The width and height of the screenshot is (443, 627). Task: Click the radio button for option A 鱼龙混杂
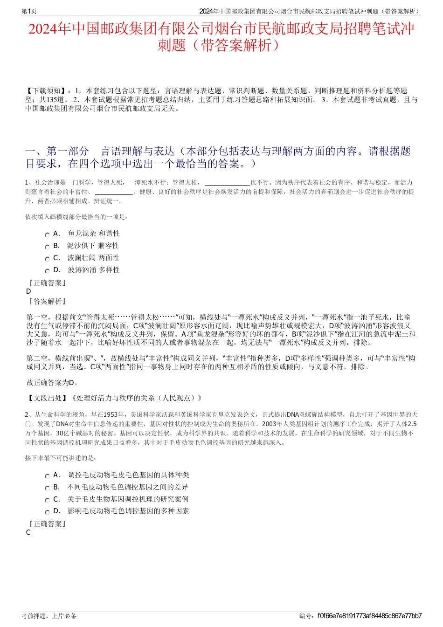click(47, 235)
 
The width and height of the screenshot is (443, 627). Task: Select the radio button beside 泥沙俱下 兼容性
click(47, 247)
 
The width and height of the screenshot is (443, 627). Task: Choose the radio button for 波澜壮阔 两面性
click(47, 259)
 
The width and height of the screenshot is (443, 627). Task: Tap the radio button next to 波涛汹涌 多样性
click(47, 271)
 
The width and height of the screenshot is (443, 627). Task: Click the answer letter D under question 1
click(29, 291)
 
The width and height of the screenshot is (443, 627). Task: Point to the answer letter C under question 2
click(28, 532)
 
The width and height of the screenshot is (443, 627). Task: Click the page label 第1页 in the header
click(29, 11)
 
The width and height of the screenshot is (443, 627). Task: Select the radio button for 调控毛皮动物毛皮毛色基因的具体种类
click(47, 476)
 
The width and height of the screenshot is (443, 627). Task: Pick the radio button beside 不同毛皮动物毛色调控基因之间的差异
click(47, 489)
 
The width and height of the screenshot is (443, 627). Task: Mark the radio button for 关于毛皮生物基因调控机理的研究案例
click(47, 500)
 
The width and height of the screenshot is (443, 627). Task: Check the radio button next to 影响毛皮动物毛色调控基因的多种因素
click(47, 512)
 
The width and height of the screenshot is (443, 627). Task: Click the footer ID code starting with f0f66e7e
click(370, 616)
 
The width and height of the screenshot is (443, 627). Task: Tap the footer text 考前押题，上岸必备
click(49, 616)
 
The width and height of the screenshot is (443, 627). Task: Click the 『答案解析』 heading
click(47, 302)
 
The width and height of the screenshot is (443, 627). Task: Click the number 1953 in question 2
click(111, 414)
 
